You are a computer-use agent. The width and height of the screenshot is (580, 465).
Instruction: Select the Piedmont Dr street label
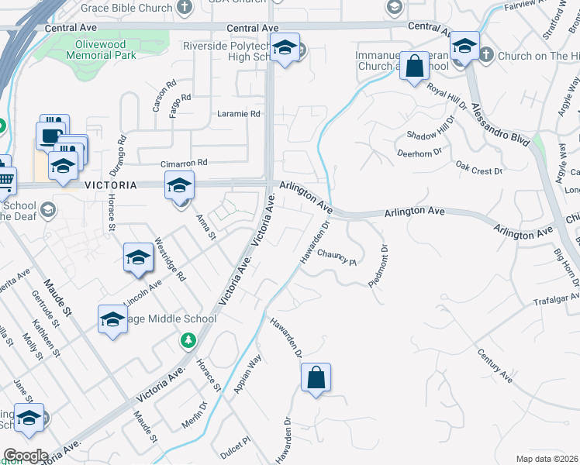coord(378,267)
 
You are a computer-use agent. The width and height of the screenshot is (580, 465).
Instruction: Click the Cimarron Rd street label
coord(184,163)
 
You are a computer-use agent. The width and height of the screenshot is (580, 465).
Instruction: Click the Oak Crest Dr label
coord(479,168)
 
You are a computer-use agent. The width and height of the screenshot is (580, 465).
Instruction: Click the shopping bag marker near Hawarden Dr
coord(316,378)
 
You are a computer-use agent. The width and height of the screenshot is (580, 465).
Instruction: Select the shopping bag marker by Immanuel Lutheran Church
coord(415,67)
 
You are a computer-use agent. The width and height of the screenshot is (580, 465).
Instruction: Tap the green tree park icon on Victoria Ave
coord(187,340)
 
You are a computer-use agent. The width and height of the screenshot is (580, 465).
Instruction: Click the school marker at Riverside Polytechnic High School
coord(285,50)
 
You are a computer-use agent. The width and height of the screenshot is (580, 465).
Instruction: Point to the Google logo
coord(26,456)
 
